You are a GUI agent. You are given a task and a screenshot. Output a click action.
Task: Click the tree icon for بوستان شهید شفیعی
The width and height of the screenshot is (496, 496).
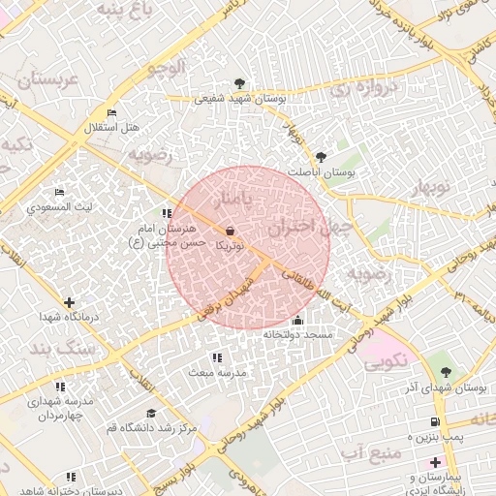(240, 82)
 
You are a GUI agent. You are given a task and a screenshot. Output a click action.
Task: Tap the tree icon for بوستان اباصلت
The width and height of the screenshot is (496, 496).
(322, 156)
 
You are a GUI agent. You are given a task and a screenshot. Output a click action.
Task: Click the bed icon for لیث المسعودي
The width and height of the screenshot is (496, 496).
(59, 192)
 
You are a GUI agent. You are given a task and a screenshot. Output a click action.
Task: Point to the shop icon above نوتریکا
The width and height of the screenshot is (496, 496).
(230, 231)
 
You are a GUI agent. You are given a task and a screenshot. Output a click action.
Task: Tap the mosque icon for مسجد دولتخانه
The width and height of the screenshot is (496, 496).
(296, 321)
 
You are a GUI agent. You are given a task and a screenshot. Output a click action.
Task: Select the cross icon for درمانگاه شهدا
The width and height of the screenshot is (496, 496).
(68, 302)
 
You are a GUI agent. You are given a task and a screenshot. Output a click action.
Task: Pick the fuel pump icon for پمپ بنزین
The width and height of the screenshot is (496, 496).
(434, 421)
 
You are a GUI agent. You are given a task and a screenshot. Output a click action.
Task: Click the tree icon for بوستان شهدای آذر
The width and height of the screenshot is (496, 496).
(445, 371)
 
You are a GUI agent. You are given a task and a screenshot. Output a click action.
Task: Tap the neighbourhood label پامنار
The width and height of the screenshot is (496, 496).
(238, 199)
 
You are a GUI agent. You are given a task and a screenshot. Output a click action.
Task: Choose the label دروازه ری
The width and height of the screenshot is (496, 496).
(356, 90)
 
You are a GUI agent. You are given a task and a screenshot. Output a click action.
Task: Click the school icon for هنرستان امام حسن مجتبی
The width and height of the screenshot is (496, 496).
(167, 213)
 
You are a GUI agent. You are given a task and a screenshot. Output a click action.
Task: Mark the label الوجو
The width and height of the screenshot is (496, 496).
(162, 68)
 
